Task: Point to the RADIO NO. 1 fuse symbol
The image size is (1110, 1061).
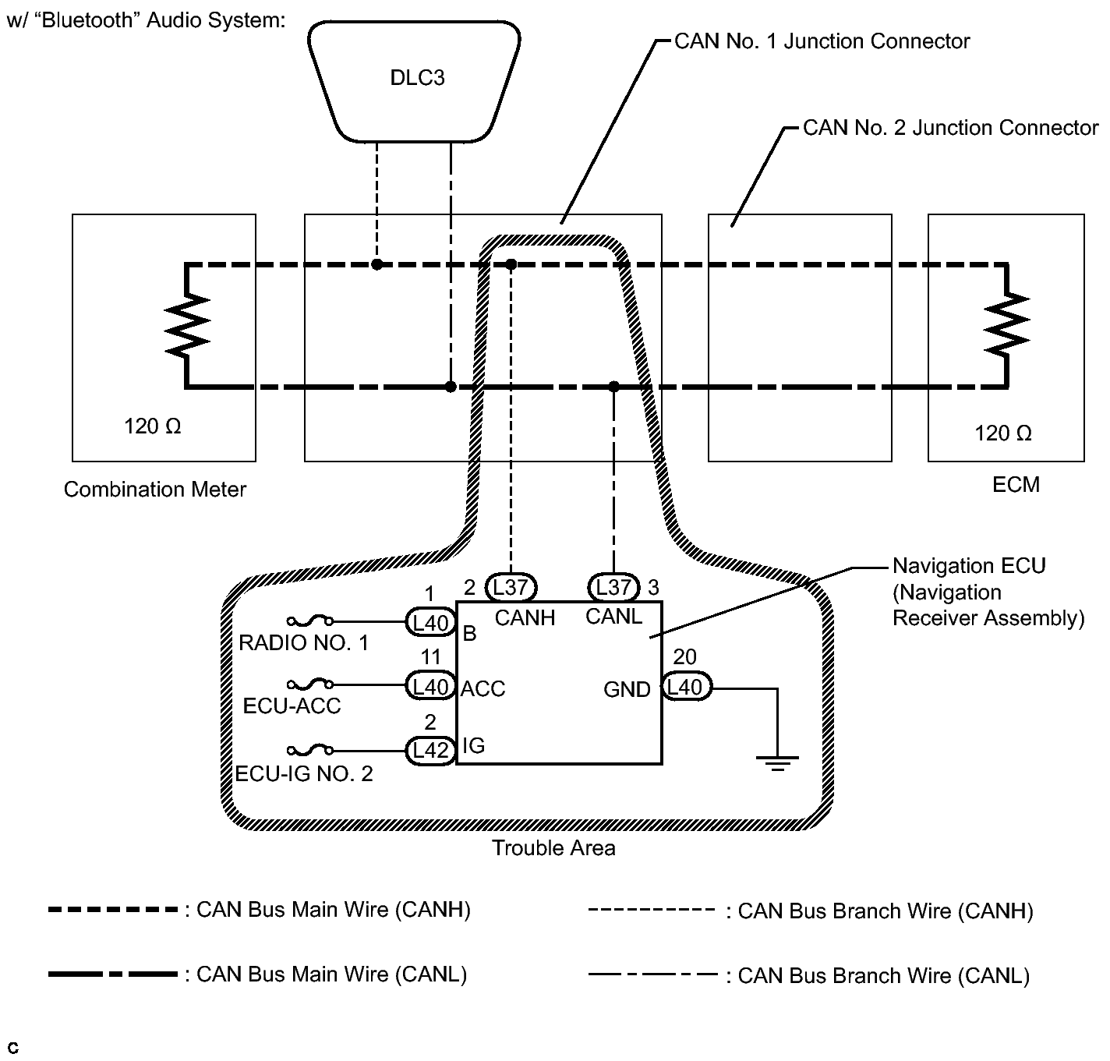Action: click(310, 621)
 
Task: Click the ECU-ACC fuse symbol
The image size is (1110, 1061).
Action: click(310, 685)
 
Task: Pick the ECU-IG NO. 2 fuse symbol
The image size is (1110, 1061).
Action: click(310, 751)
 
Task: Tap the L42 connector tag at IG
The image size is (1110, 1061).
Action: click(430, 751)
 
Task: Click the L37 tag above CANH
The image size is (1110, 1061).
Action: click(511, 587)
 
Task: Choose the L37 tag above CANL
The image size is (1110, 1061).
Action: click(613, 587)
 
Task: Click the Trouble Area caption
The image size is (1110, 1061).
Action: click(553, 848)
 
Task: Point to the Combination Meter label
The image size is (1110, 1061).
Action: click(155, 490)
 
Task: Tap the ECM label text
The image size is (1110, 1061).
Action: click(1016, 485)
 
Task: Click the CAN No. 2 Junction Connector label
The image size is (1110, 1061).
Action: click(950, 128)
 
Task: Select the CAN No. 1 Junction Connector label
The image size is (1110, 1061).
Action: click(822, 41)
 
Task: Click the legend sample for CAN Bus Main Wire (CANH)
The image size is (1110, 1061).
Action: click(113, 910)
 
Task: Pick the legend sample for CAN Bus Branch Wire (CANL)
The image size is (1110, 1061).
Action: click(652, 974)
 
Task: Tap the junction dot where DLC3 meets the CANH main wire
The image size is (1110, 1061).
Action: click(376, 265)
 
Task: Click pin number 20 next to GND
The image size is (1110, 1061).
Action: click(684, 657)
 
